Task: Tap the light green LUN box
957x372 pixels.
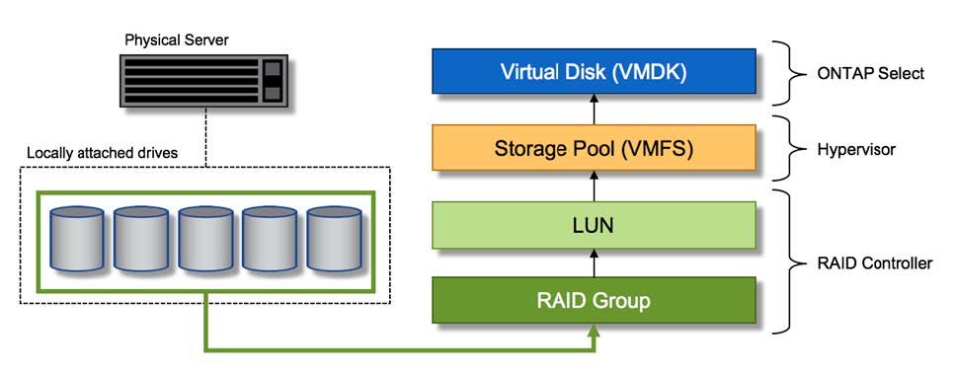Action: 594,225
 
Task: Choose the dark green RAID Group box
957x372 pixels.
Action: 594,300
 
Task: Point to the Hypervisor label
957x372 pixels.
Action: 857,149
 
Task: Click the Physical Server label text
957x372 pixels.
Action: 175,40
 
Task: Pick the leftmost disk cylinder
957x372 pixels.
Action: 77,240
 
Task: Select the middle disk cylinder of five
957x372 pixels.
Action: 205,240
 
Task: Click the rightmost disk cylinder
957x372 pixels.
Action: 333,240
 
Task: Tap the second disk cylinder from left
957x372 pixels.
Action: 141,240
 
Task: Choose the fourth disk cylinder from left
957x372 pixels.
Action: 269,240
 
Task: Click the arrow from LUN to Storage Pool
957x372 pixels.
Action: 594,186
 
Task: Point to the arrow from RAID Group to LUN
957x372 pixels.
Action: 594,262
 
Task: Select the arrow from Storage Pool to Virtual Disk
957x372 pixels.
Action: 594,110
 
